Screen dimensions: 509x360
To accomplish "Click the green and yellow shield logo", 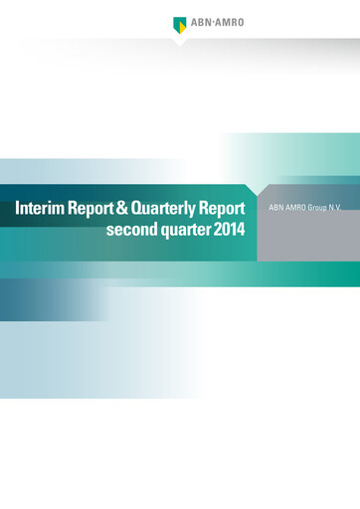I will coord(180,24).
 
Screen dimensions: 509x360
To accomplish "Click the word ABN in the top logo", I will coord(200,22).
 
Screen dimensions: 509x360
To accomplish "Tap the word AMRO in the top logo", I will coord(228,22).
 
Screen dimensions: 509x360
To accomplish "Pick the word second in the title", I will coord(130,232).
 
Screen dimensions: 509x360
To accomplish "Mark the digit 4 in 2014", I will coord(242,232).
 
